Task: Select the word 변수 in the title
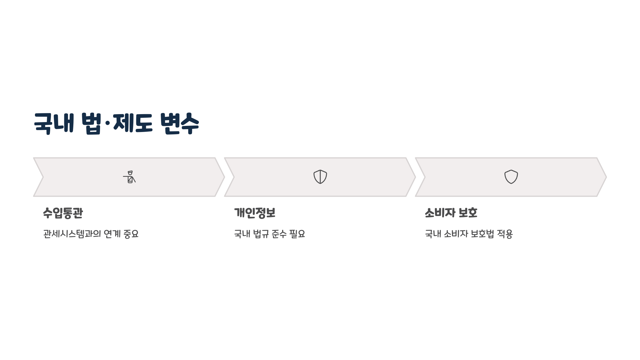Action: click(179, 123)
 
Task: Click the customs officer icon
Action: click(130, 177)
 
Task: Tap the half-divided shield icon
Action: click(320, 177)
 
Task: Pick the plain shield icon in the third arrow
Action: click(511, 177)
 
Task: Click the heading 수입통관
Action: click(63, 213)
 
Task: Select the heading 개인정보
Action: click(255, 213)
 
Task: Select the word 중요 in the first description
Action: click(131, 234)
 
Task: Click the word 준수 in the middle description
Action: click(279, 234)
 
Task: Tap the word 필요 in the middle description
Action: click(297, 234)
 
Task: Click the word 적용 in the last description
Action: click(505, 234)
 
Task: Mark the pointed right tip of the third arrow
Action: click(606, 177)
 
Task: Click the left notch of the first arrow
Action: click(43, 177)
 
